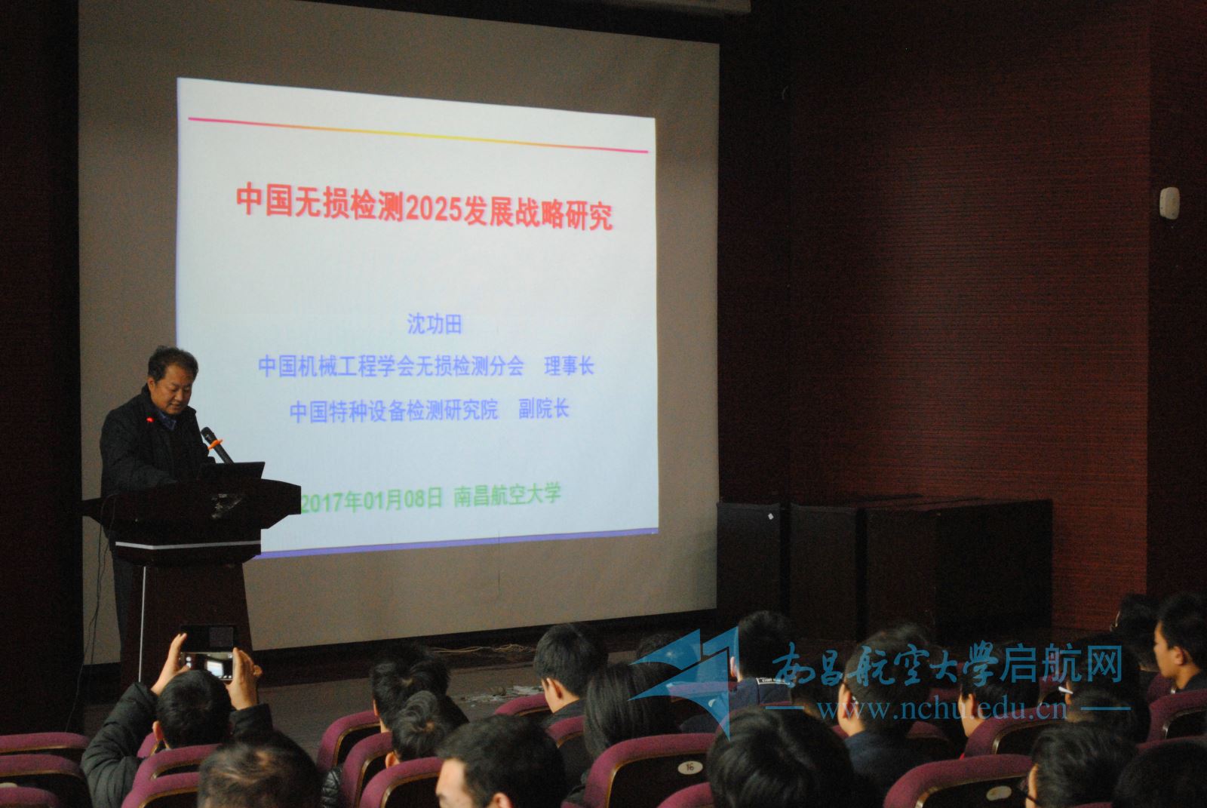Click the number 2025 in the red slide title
[433, 210]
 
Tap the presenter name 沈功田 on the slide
[435, 324]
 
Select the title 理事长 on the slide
[569, 367]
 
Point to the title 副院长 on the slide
[543, 409]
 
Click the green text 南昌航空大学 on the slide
[507, 496]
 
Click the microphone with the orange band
[216, 444]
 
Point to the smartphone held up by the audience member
[208, 653]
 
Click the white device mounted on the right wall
[1170, 203]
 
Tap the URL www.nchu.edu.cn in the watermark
[942, 708]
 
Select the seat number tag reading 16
[689, 767]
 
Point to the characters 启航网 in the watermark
[1061, 664]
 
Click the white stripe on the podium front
[188, 545]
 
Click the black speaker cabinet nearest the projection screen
[749, 561]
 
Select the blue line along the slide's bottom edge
[458, 542]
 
